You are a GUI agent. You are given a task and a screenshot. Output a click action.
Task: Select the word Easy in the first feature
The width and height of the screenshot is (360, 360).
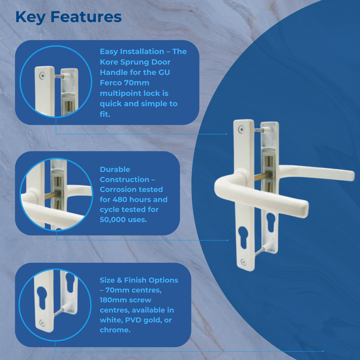pos(110,52)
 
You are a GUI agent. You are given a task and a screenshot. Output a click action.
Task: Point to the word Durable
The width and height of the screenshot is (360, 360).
pos(115,170)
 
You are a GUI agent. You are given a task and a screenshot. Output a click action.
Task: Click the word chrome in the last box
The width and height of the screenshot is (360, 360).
pos(114,330)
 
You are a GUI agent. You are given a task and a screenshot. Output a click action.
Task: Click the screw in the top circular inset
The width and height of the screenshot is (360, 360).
pos(43,76)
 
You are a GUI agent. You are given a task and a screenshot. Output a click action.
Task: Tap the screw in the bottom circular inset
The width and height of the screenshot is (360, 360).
pos(41,322)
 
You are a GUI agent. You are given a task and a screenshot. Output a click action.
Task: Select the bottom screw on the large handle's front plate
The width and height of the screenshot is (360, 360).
pos(243,261)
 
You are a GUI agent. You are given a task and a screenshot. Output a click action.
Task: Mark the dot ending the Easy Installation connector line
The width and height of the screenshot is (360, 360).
pos(226,134)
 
